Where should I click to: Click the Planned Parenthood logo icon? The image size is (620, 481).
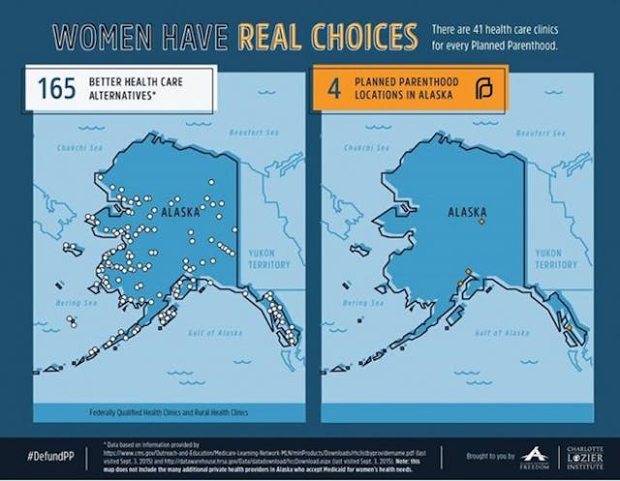click(485, 90)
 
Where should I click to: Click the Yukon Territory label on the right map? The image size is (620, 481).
click(555, 258)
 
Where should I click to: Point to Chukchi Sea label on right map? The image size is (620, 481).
click(367, 148)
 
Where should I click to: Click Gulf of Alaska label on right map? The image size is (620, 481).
click(502, 332)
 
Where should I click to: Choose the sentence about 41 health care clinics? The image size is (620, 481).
click(509, 37)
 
